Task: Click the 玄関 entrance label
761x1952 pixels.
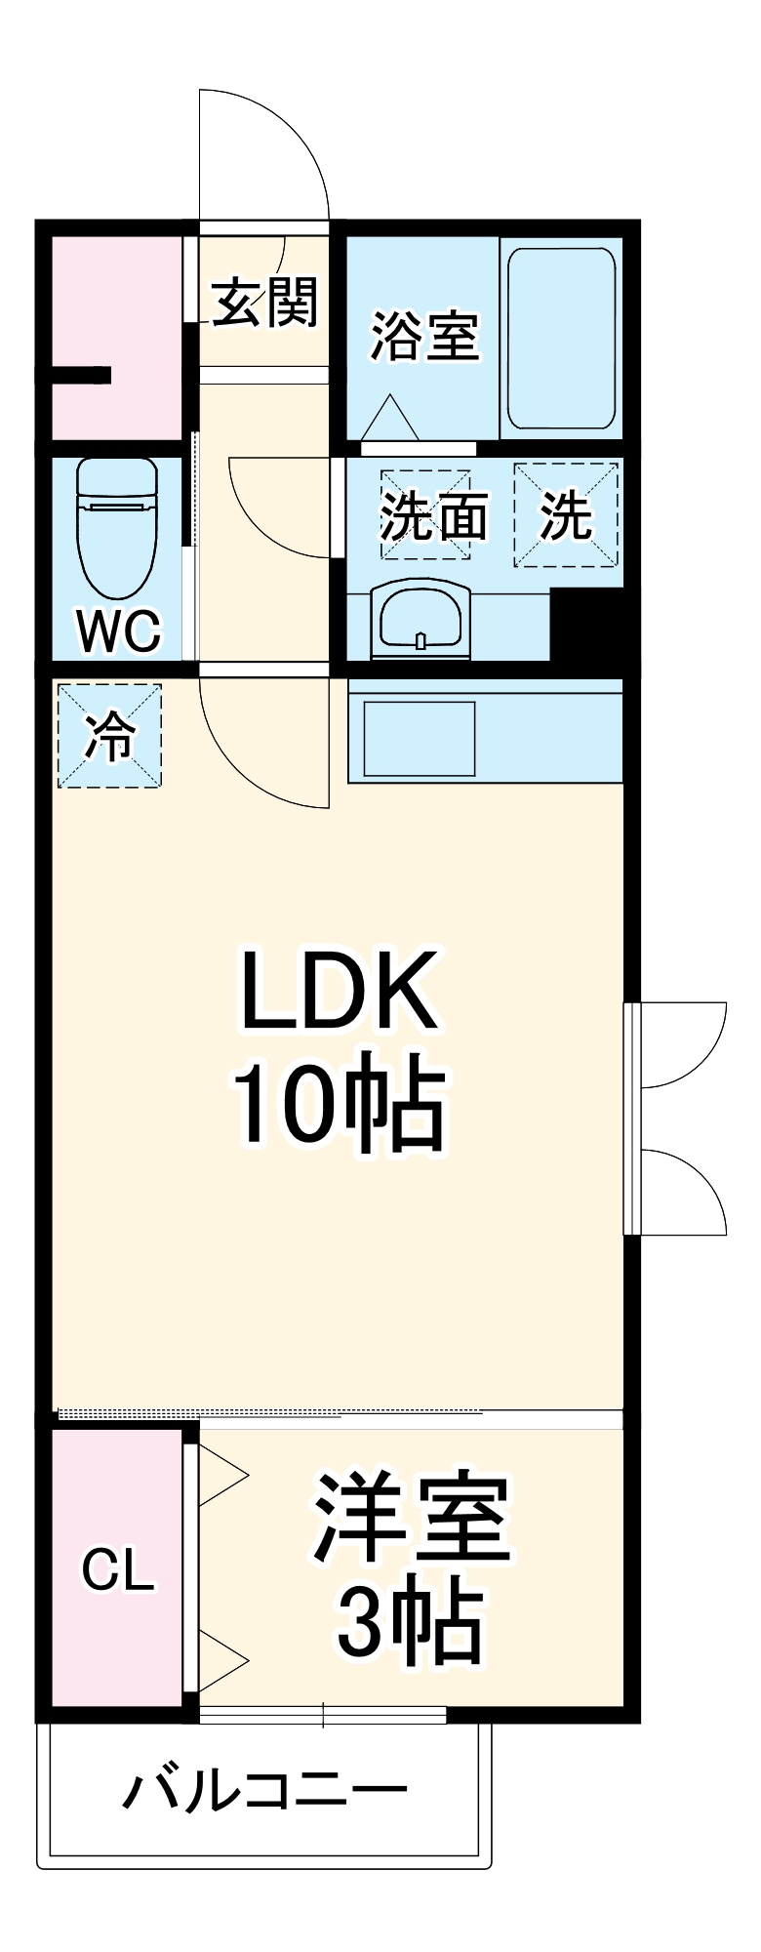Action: pyautogui.click(x=265, y=303)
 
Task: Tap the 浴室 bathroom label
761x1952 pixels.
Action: pyautogui.click(x=424, y=336)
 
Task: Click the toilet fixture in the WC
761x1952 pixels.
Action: pyautogui.click(x=117, y=527)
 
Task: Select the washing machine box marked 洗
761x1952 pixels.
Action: pyautogui.click(x=567, y=514)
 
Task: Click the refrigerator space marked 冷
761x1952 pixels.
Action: pyautogui.click(x=109, y=736)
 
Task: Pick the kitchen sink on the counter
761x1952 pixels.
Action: pyautogui.click(x=420, y=739)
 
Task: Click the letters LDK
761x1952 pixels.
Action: pyautogui.click(x=338, y=990)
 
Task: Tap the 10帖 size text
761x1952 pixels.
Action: pyautogui.click(x=338, y=1103)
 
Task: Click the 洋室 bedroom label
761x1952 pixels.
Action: pyautogui.click(x=412, y=1518)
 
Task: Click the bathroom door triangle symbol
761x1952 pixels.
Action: pyautogui.click(x=390, y=418)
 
